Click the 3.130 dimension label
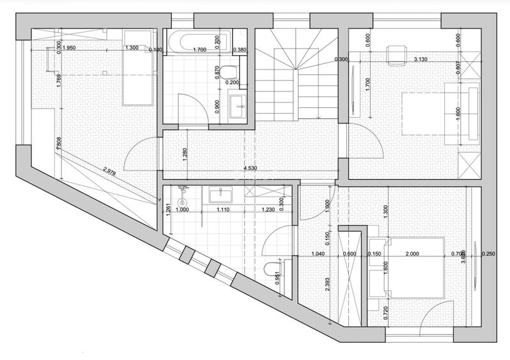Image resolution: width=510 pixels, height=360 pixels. point(421,59)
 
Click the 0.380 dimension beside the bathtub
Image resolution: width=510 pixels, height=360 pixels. point(240,49)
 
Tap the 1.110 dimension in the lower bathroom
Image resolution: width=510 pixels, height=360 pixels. point(223,210)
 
